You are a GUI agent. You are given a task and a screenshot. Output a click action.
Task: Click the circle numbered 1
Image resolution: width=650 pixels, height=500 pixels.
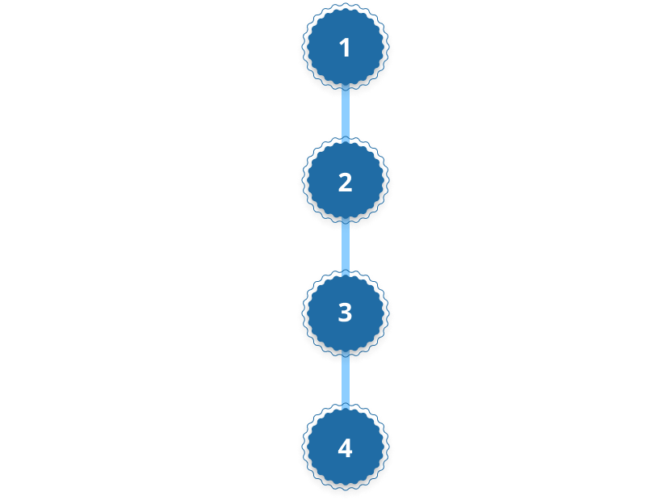(345, 48)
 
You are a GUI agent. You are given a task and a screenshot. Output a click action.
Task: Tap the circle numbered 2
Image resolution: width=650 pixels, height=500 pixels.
(345, 182)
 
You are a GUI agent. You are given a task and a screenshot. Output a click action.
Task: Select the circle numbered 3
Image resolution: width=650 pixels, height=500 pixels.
(345, 312)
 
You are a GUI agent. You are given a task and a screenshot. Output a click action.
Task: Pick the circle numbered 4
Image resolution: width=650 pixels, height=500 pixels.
(345, 447)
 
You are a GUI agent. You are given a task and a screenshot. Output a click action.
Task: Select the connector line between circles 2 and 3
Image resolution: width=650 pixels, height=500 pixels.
(346, 246)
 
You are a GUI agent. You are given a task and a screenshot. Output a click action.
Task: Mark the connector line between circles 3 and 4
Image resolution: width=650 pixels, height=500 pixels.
(346, 380)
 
